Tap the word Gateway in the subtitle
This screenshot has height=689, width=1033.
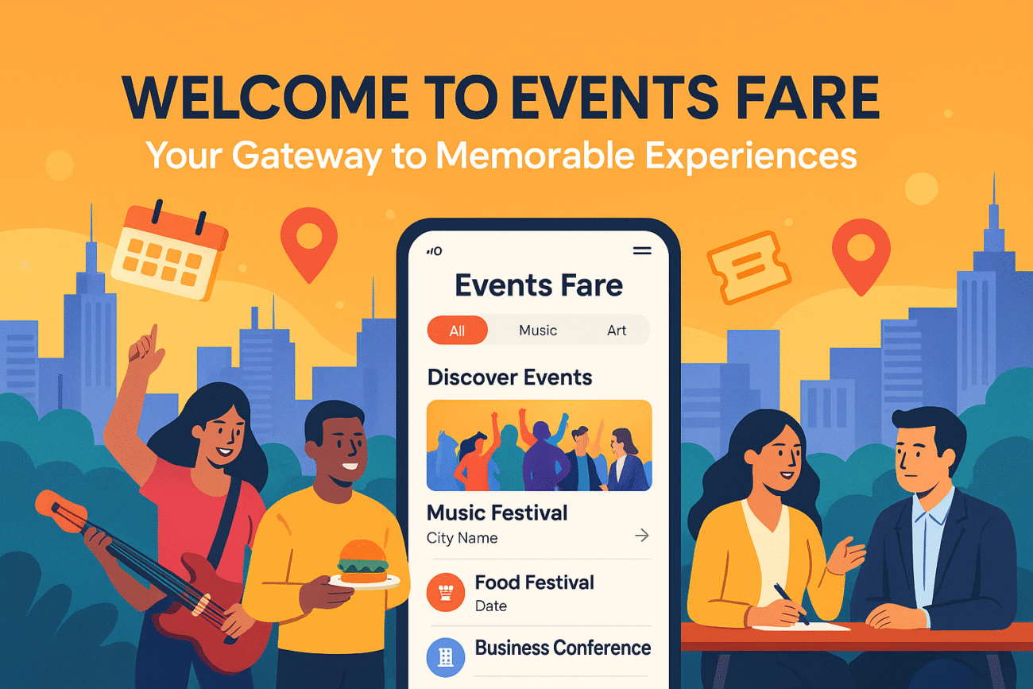pyautogui.click(x=308, y=156)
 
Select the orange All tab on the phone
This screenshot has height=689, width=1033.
pyautogui.click(x=457, y=331)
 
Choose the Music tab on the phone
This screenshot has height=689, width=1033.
pyautogui.click(x=538, y=331)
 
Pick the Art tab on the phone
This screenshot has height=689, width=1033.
pyautogui.click(x=617, y=331)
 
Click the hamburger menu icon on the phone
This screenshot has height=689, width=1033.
pyautogui.click(x=641, y=251)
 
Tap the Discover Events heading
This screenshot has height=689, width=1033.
pyautogui.click(x=509, y=377)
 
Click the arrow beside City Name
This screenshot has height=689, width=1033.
pyautogui.click(x=641, y=536)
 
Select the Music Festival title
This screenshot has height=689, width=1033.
pyautogui.click(x=497, y=513)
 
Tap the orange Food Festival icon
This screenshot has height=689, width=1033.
pyautogui.click(x=445, y=593)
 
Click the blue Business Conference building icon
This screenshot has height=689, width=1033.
pyautogui.click(x=445, y=656)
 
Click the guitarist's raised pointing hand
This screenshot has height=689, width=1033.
pyautogui.click(x=146, y=347)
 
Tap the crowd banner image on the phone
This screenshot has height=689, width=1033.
pyautogui.click(x=539, y=445)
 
